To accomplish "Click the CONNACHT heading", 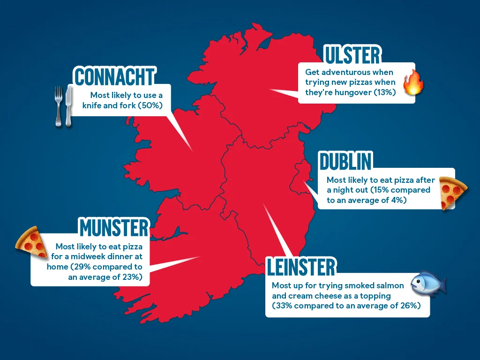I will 114,77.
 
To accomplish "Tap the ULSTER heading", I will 352,55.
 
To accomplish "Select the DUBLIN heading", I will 345,162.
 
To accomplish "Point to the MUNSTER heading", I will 114,228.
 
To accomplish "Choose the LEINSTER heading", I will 301,267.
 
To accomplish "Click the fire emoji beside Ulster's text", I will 413,82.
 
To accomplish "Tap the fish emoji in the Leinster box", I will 427,284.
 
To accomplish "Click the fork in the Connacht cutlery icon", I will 59,106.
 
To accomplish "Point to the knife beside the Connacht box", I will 69,106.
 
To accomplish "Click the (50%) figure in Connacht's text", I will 150,105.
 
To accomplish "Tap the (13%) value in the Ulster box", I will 385,92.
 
